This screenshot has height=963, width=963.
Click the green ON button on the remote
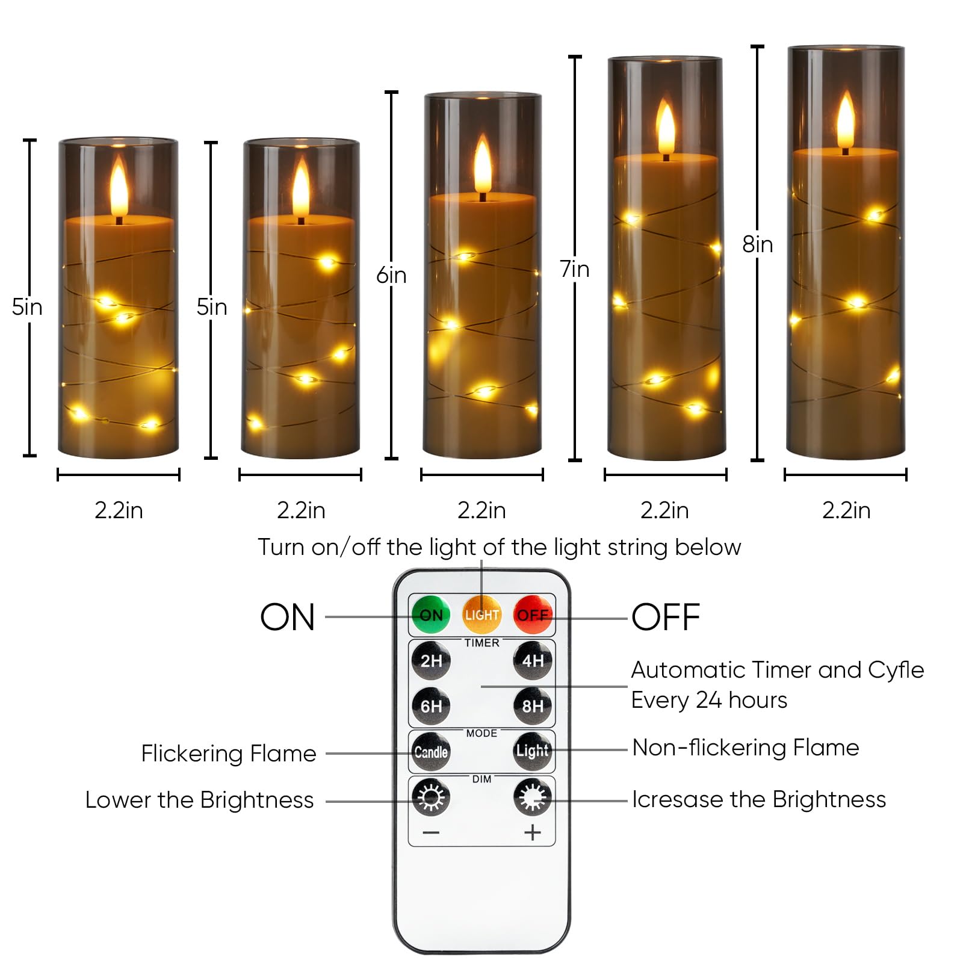click(431, 615)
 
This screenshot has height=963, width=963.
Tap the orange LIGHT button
click(482, 615)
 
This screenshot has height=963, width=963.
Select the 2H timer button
click(431, 661)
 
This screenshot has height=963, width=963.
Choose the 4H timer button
click(533, 661)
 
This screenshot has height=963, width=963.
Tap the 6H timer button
click(431, 706)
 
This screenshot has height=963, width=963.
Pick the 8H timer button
click(533, 706)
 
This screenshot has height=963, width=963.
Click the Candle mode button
click(431, 752)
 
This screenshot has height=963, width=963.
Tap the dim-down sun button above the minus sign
click(431, 797)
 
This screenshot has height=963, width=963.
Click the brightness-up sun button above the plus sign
click(533, 797)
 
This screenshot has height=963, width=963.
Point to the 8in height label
click(757, 244)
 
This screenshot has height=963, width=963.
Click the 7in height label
click(575, 269)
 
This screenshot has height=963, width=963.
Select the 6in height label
click(391, 275)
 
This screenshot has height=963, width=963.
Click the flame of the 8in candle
click(846, 120)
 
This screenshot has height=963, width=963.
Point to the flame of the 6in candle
click(482, 164)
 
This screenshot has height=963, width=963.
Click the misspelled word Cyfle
click(896, 670)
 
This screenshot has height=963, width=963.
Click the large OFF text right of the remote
click(666, 617)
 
